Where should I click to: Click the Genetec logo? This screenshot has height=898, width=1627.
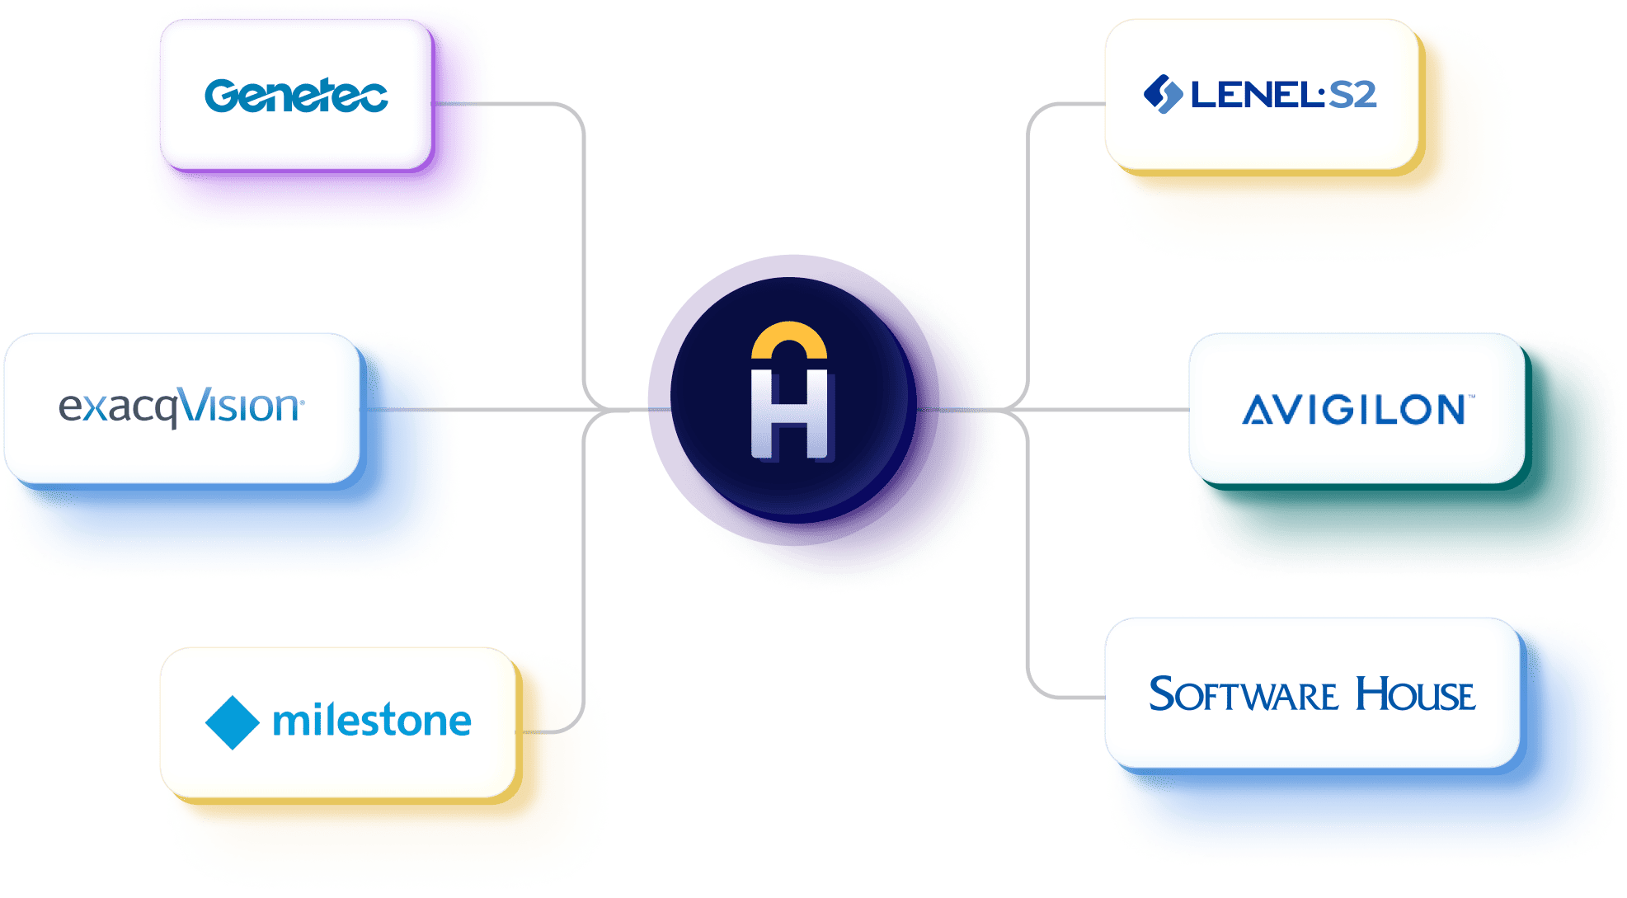click(296, 95)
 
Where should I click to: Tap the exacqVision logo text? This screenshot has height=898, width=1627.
click(181, 407)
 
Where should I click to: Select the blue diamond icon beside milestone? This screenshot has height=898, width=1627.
click(232, 722)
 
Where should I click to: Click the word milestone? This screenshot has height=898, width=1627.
click(372, 722)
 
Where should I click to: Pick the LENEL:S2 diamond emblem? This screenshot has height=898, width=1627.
click(1163, 94)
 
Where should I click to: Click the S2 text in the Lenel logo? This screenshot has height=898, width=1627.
click(1353, 95)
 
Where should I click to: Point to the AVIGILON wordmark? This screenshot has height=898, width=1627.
click(1354, 410)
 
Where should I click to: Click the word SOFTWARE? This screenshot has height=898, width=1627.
click(1243, 694)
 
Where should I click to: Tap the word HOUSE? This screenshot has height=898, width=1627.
click(1415, 694)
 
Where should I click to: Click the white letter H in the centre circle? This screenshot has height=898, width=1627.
click(789, 414)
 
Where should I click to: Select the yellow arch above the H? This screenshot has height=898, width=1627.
click(789, 339)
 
